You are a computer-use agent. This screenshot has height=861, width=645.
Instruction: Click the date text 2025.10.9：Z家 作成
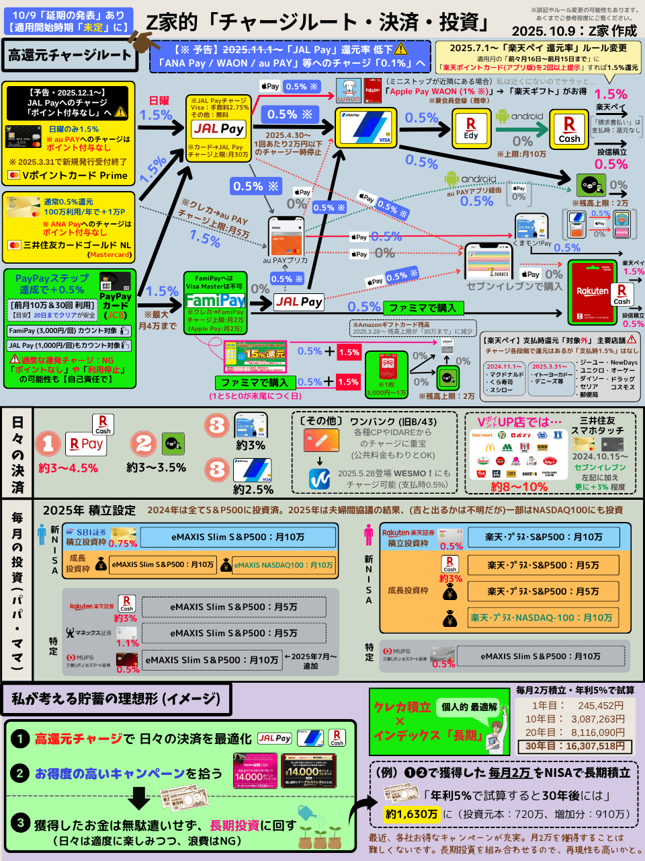click(574, 31)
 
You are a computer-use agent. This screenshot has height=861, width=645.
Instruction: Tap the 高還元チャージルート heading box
click(69, 55)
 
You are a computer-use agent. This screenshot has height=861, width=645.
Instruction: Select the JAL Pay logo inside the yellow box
click(218, 128)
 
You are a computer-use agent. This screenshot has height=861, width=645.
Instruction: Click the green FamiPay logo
click(215, 300)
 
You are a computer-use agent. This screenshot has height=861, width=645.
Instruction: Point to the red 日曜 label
click(159, 101)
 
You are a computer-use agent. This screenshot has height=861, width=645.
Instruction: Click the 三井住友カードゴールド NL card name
click(77, 245)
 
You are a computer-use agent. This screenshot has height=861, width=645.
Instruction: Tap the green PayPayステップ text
click(52, 278)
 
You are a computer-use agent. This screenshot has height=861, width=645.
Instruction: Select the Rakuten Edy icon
click(470, 128)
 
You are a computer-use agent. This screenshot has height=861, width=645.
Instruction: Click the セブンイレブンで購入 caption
click(514, 287)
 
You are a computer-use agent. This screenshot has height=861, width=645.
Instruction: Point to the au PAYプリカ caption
click(285, 260)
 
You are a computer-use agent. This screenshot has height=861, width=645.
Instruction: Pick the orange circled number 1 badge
click(48, 443)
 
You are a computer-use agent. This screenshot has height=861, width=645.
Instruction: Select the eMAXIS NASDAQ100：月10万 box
click(283, 565)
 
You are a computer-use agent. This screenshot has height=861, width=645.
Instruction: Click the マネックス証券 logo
click(89, 633)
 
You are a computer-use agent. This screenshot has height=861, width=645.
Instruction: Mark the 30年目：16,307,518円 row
click(574, 746)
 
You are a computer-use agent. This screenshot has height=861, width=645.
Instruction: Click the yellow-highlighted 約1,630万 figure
click(411, 814)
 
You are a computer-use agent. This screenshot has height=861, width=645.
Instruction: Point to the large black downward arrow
click(139, 798)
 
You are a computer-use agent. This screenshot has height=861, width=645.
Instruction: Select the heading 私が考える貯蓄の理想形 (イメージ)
click(116, 699)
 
